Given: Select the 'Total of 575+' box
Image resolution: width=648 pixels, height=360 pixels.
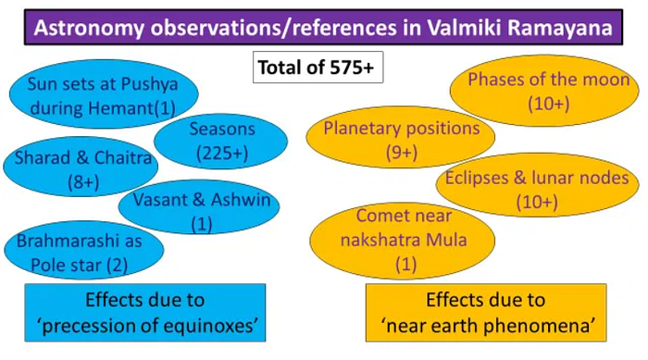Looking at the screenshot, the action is click(318, 67).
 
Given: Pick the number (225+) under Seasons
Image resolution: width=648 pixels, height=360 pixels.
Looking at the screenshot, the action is click(222, 154).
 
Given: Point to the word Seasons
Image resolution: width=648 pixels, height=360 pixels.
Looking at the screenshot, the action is click(222, 129).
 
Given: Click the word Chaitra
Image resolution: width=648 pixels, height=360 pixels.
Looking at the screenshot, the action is click(123, 158).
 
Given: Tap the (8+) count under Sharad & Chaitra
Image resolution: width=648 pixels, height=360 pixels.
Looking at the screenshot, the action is click(83, 182).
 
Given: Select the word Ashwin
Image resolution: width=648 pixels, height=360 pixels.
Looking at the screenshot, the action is click(241, 200).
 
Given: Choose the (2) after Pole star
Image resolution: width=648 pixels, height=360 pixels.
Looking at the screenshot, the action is click(117, 266).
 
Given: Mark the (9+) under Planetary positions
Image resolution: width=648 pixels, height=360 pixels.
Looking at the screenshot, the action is click(401, 153).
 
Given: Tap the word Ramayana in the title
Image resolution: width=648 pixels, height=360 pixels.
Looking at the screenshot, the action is click(560, 28).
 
